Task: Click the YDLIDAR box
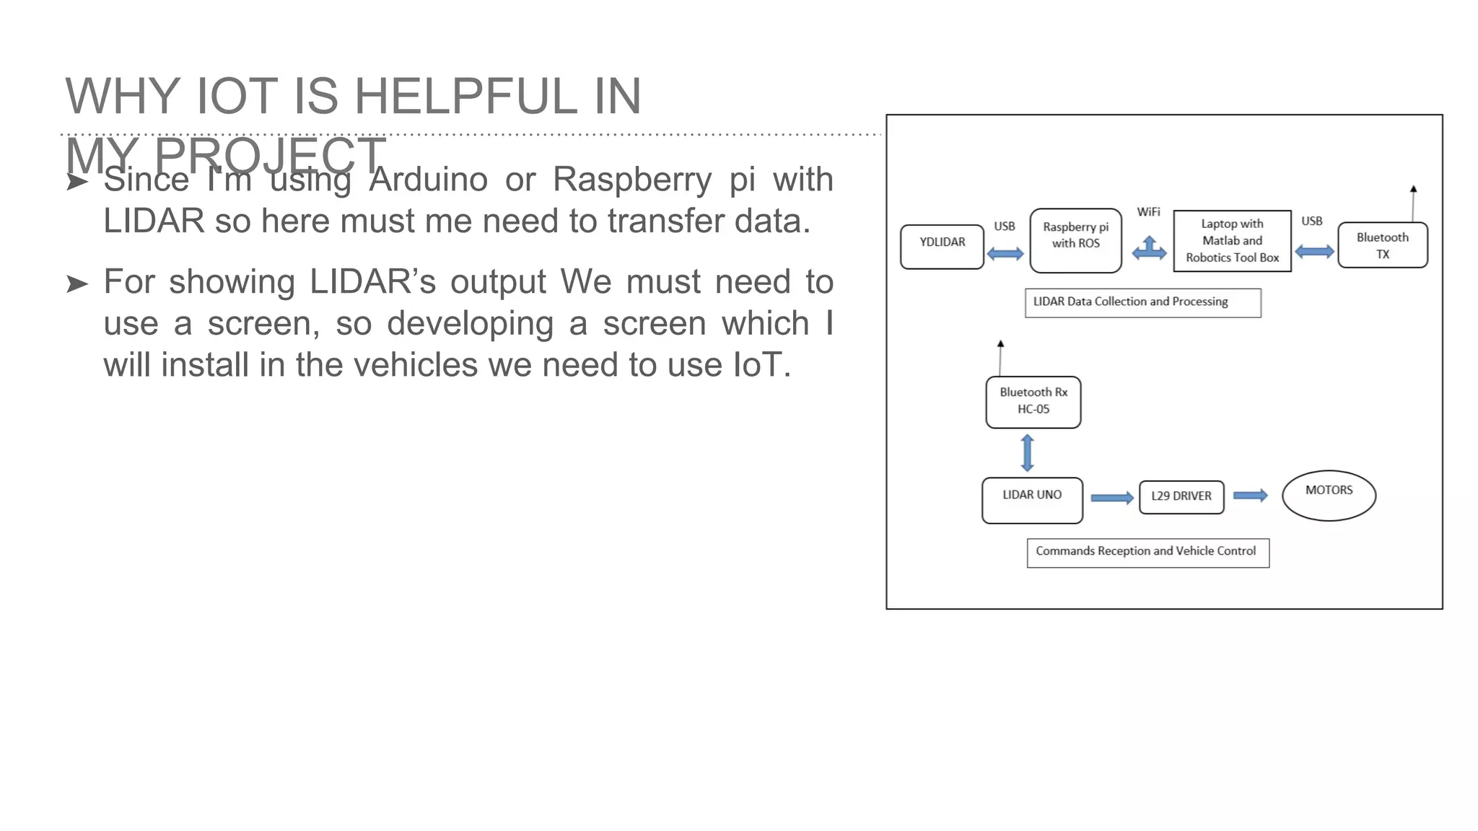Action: tap(942, 247)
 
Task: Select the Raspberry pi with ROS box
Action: tap(1075, 240)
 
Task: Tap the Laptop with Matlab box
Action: tap(1232, 241)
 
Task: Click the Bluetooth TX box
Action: tap(1382, 245)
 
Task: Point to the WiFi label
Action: tap(1148, 211)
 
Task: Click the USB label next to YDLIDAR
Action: tap(1004, 226)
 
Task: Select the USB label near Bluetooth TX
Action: tap(1311, 221)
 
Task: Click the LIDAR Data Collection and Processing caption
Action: tap(1142, 302)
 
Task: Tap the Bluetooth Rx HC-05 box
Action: tap(1033, 402)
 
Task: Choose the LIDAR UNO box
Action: tap(1032, 500)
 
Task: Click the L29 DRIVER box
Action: tap(1181, 497)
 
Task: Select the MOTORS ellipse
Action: tap(1329, 495)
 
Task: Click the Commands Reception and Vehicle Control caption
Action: tap(1147, 553)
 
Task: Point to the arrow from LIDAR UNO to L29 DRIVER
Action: tap(1111, 498)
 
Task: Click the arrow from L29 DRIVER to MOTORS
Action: tap(1250, 496)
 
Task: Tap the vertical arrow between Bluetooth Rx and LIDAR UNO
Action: tap(1028, 453)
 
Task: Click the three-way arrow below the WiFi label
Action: tap(1149, 249)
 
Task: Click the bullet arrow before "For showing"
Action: tap(77, 284)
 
